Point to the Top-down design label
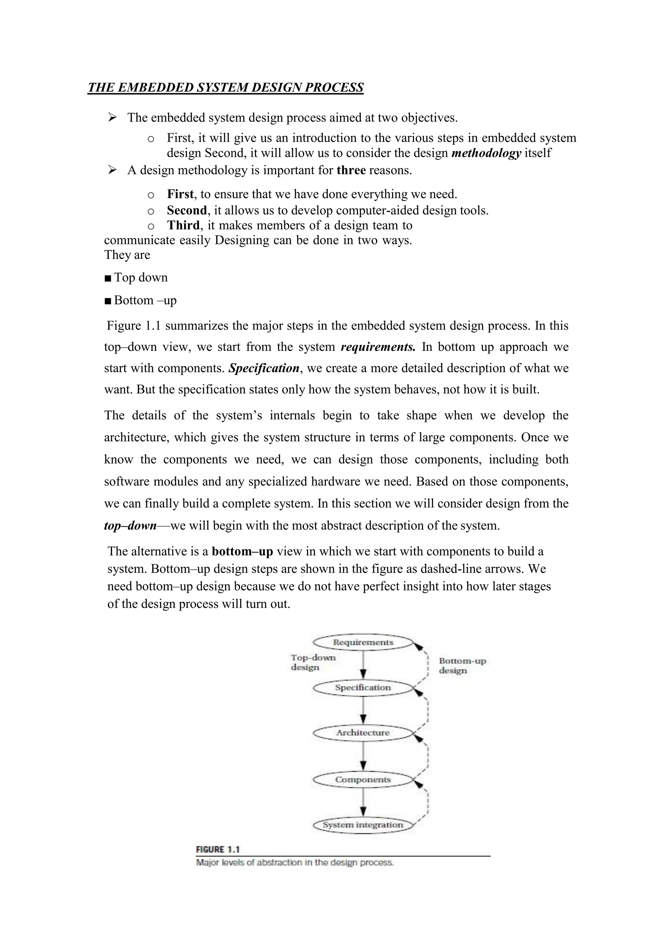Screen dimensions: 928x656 [x=313, y=662]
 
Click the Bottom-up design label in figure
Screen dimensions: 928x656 [x=462, y=666]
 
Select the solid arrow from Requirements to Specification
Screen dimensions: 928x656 [x=363, y=665]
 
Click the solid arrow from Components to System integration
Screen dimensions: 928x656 [x=363, y=802]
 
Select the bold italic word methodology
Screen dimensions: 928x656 [x=486, y=153]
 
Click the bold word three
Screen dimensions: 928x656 [x=351, y=170]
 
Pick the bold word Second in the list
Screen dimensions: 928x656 [x=187, y=211]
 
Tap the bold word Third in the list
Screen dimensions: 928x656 [x=184, y=225]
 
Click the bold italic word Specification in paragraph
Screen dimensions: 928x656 [x=264, y=368]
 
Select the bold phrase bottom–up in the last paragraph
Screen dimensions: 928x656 [x=242, y=551]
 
